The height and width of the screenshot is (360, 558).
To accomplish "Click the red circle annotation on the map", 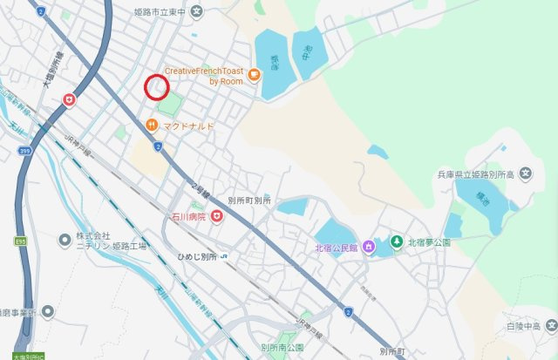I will pos(156,87).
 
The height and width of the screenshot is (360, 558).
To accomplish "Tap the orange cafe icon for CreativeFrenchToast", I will pos(254,74).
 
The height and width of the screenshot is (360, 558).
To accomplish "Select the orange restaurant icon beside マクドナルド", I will pos(152,126).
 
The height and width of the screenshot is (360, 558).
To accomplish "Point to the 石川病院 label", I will pos(187,215).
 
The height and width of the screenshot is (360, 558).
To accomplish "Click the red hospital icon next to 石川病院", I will pos(216,215).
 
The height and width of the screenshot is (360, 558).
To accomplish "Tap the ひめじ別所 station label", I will pos(196,256).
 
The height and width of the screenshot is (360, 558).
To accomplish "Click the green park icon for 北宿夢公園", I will pos(396,241).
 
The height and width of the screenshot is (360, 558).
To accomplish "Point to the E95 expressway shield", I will pos(19,241).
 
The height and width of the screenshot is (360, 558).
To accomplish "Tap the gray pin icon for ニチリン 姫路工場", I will pos(64,239).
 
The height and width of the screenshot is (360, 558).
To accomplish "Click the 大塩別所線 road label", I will pos(49,72).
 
